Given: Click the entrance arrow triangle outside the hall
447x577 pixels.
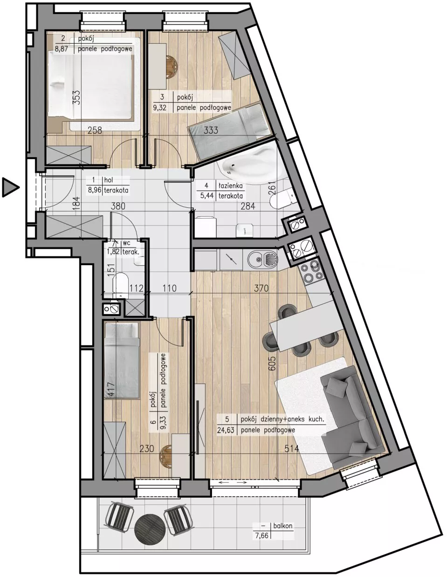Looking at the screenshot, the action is tap(10, 187).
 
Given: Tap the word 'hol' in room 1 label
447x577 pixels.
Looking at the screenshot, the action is tap(108, 180).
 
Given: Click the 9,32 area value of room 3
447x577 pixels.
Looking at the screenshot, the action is tap(160, 108).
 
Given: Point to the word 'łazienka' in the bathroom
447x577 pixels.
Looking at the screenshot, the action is tap(231, 186).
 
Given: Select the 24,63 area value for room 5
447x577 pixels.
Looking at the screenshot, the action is tap(226, 430).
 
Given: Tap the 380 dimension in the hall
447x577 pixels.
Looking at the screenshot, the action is tap(118, 206).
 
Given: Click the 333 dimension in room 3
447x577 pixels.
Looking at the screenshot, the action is tap(211, 130).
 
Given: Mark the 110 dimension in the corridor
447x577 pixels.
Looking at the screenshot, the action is tap(169, 288).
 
